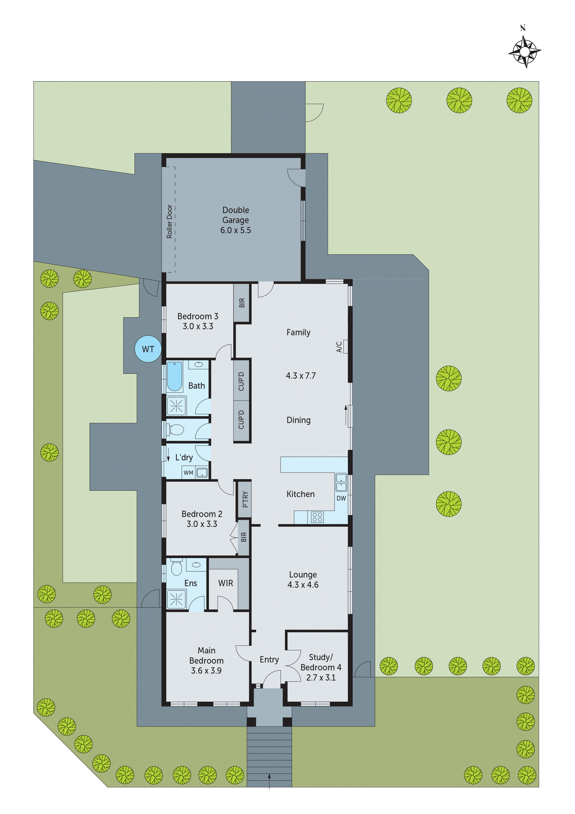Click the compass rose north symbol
[x=524, y=52]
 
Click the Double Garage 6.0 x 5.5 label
[x=236, y=220]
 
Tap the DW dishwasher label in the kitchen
[x=341, y=498]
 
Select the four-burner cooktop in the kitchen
[x=317, y=517]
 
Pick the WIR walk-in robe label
[x=226, y=583]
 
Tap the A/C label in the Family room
[x=339, y=347]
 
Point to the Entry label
[x=269, y=659]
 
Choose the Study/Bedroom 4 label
[x=321, y=667]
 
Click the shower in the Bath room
[x=176, y=406]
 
